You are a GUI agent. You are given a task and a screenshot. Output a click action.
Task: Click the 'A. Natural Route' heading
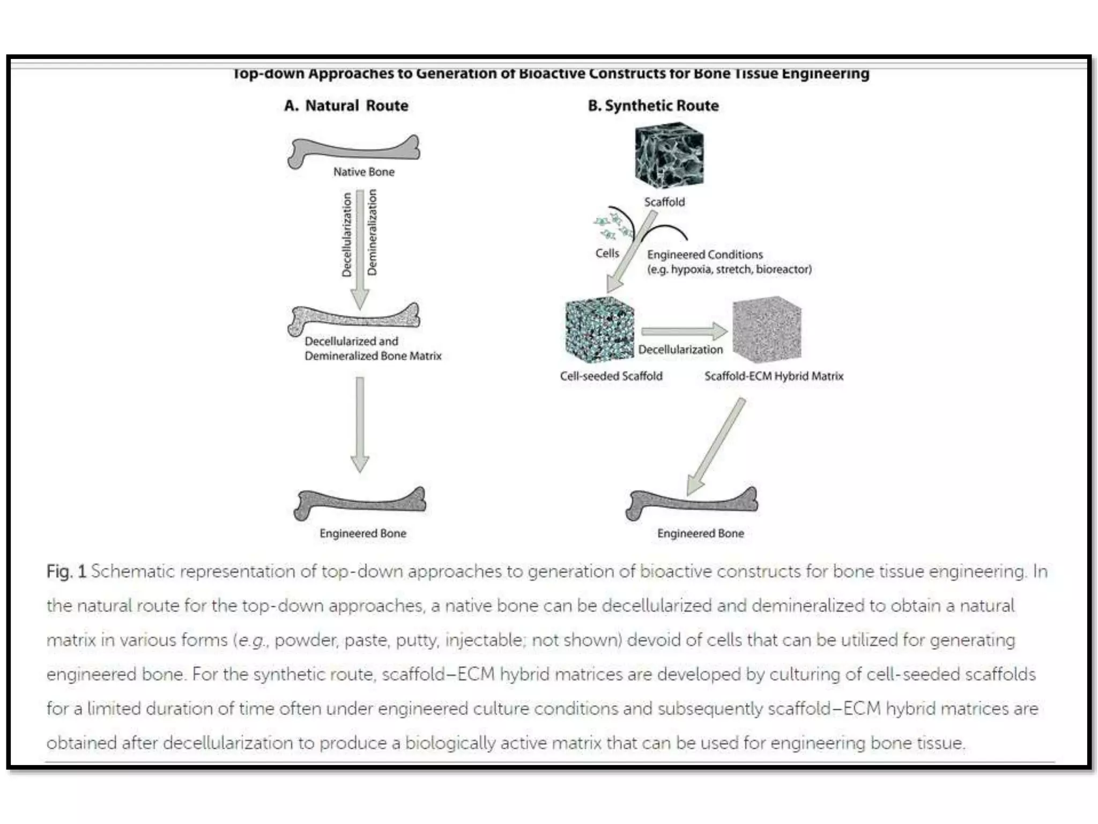[346, 106]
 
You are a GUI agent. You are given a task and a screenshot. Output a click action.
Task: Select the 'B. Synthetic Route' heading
[653, 106]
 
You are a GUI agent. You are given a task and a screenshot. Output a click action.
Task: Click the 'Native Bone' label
[363, 172]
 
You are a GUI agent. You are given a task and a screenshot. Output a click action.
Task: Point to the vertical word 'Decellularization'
[347, 235]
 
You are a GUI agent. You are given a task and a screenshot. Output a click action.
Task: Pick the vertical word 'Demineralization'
[372, 232]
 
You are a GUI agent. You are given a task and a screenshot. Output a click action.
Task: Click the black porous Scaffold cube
[669, 155]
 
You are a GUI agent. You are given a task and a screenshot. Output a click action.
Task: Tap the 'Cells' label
[607, 253]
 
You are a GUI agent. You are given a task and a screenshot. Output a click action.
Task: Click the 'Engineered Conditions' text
[704, 255]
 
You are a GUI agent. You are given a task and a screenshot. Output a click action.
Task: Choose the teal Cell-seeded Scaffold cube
[599, 329]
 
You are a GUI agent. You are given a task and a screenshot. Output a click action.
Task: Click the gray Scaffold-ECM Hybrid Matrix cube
[767, 329]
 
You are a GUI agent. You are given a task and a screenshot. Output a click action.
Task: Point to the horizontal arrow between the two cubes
[684, 331]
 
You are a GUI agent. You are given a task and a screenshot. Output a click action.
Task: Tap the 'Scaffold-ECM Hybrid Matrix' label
[774, 376]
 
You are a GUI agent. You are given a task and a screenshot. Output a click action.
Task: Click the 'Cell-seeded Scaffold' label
[611, 376]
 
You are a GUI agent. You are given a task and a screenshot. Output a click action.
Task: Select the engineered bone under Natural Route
[360, 503]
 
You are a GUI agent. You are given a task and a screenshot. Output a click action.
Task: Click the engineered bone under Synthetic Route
[692, 503]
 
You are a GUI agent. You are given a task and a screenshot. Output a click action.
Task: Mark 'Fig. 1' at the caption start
[66, 572]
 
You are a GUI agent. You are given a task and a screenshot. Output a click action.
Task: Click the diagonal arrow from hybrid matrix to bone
[716, 445]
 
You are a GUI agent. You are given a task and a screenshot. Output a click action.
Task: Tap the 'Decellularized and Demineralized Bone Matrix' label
[373, 349]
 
